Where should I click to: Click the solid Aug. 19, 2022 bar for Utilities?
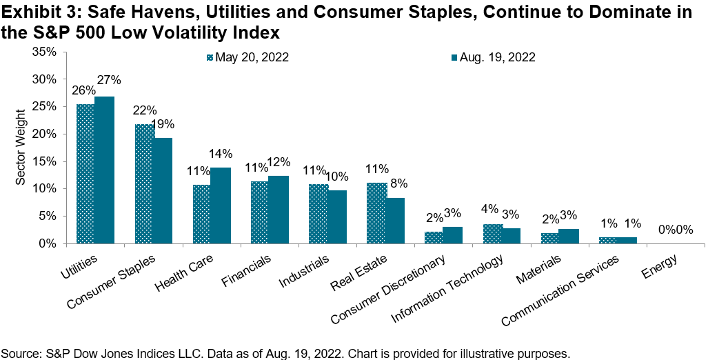[x=104, y=170]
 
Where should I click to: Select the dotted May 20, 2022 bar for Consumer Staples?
[x=144, y=183]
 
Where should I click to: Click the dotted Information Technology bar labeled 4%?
[x=492, y=233]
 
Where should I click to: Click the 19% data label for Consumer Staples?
[x=163, y=124]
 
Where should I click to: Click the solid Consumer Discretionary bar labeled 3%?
[x=453, y=235]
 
